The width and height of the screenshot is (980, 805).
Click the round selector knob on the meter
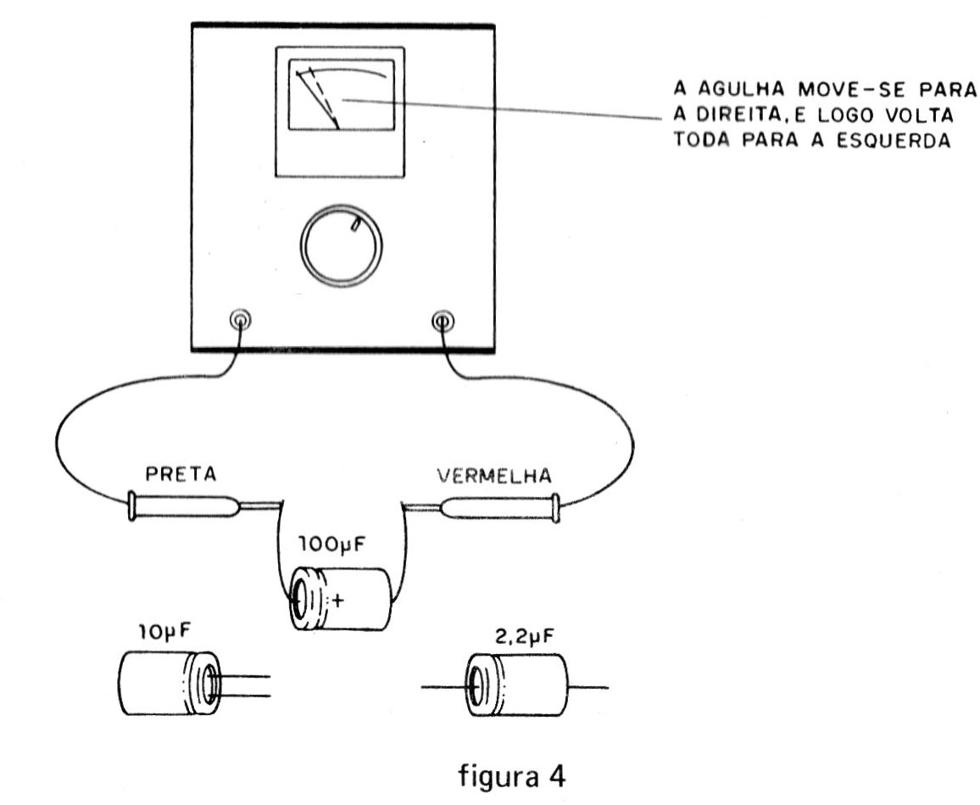pyautogui.click(x=341, y=246)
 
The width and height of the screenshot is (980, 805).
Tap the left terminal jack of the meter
pyautogui.click(x=242, y=321)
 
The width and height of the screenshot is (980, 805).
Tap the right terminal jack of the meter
pyautogui.click(x=443, y=321)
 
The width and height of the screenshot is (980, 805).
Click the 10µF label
pyautogui.click(x=162, y=632)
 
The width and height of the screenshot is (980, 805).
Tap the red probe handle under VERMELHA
pyautogui.click(x=500, y=507)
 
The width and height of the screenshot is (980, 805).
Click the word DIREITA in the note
pyautogui.click(x=723, y=114)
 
